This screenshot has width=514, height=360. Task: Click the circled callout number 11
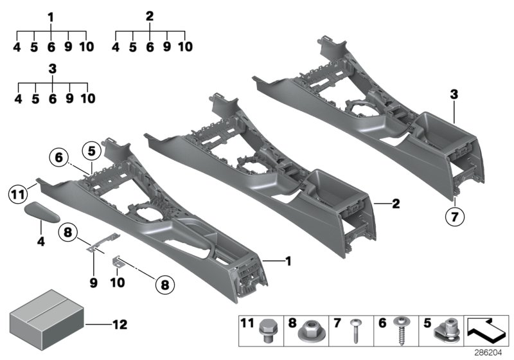pyautogui.click(x=17, y=192)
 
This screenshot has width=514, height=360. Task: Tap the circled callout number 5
pyautogui.click(x=92, y=152)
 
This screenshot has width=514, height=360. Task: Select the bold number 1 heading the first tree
pyautogui.click(x=51, y=15)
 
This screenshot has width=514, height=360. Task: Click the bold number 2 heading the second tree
pyautogui.click(x=150, y=15)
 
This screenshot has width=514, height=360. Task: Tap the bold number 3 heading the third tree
pyautogui.click(x=53, y=68)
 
